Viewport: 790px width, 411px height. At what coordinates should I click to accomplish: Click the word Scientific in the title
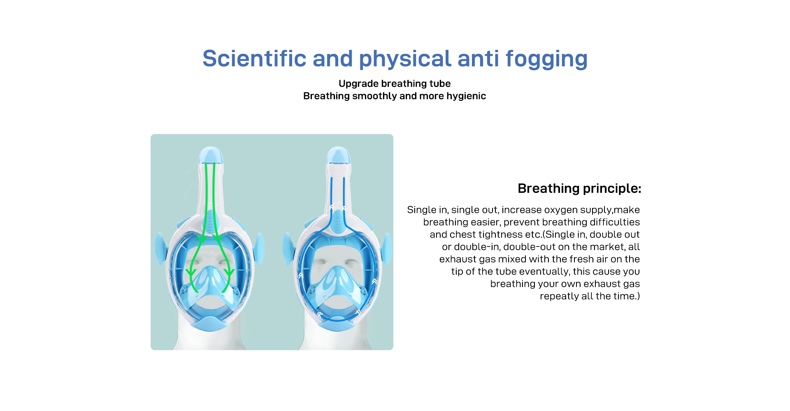pos(254,58)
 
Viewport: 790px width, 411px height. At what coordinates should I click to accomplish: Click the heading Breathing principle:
pos(579,188)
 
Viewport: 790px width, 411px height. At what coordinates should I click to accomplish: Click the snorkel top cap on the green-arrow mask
pos(211,155)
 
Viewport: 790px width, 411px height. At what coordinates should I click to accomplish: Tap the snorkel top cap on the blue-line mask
pos(338,155)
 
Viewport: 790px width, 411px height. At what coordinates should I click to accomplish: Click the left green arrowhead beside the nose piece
pos(191,272)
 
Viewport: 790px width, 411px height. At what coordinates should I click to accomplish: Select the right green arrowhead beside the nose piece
pos(229,272)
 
